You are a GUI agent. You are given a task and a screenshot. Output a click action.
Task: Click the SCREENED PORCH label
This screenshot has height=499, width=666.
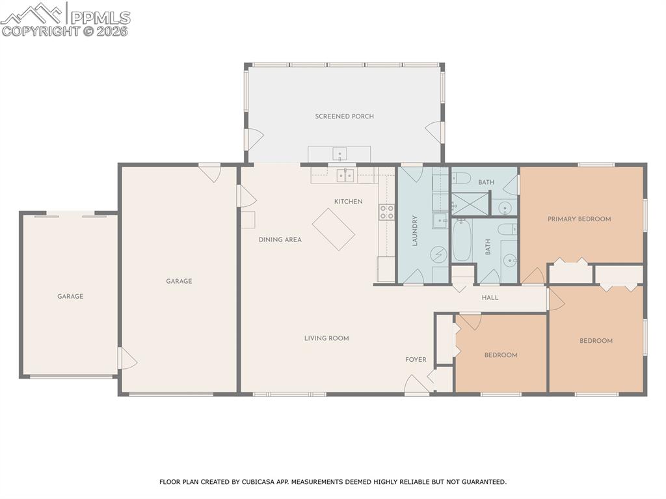tap(344, 116)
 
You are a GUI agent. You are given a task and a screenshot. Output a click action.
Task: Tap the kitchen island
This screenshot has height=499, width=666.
tap(334, 229)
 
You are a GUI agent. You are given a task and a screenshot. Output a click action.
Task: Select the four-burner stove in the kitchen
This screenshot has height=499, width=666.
tap(386, 211)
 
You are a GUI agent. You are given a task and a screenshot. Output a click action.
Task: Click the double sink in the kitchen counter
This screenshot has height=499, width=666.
tap(345, 175)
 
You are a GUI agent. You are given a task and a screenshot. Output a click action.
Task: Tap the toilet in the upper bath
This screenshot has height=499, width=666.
tap(460, 178)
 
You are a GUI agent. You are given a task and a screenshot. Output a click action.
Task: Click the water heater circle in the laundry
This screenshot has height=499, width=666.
tap(440, 254)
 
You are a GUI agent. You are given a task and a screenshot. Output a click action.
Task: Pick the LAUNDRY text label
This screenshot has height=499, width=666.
tap(414, 230)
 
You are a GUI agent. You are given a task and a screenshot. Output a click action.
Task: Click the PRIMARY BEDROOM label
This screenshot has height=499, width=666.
tap(579, 219)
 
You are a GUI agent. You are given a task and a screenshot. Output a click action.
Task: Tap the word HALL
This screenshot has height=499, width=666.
tap(490, 297)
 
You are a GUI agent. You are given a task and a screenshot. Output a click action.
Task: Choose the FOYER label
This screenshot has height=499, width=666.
tap(416, 360)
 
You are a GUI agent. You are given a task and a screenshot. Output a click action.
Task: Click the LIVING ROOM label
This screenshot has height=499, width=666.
tap(326, 338)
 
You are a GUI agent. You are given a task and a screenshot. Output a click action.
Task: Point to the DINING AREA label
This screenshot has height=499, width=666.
tap(280, 239)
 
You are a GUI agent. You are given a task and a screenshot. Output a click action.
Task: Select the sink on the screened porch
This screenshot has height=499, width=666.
tap(340, 154)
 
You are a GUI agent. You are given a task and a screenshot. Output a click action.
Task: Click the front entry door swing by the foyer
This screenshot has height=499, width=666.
tap(415, 385)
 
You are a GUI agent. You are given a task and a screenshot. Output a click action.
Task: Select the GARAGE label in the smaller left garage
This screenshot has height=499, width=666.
tap(70, 297)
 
